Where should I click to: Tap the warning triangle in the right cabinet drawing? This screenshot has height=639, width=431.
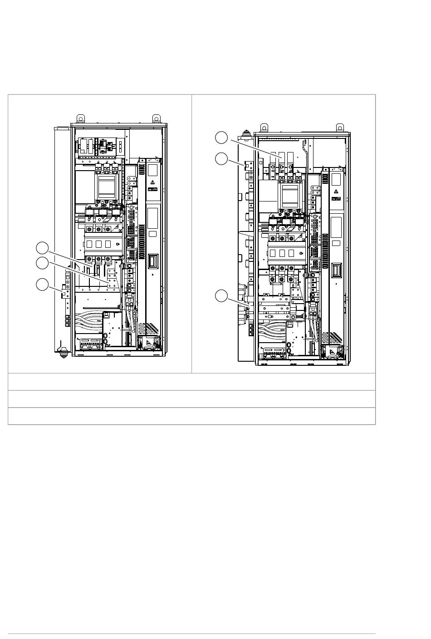pos(336,191)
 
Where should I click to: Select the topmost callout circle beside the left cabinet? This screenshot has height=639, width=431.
pos(42,247)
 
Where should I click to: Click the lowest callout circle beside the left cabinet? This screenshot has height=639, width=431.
pos(42,285)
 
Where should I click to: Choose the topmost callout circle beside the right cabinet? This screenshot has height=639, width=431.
pos(221,137)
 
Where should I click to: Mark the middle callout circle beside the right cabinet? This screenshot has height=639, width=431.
pos(221,158)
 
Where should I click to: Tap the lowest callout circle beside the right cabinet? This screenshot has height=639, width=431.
pos(221,295)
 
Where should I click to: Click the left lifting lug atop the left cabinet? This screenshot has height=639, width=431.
pos(79,118)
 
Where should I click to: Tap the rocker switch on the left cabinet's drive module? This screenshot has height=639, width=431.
pos(152,261)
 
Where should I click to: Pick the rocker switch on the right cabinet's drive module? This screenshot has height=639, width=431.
pos(337,270)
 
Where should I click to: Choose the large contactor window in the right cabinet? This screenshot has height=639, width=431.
pos(290,195)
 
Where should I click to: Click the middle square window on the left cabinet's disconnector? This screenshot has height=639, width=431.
pos(98,244)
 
